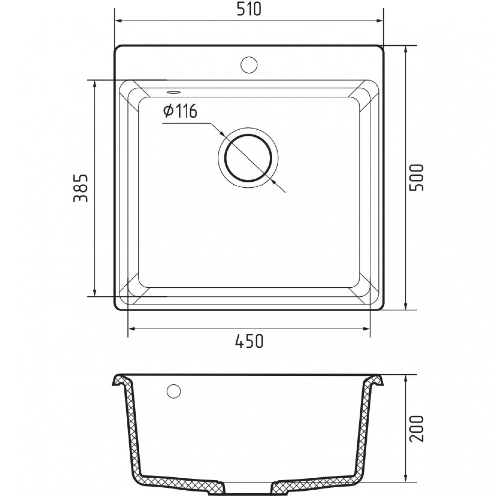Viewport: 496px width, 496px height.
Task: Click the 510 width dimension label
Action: [249, 10]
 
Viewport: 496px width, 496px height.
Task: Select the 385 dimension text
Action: [81, 188]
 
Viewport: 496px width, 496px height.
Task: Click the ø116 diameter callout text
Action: [180, 111]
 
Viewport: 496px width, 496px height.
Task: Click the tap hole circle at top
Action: [249, 64]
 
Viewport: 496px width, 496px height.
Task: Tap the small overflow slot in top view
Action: [173, 92]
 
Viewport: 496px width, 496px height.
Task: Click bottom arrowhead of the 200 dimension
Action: [406, 480]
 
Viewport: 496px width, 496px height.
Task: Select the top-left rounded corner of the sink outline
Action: [118, 49]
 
